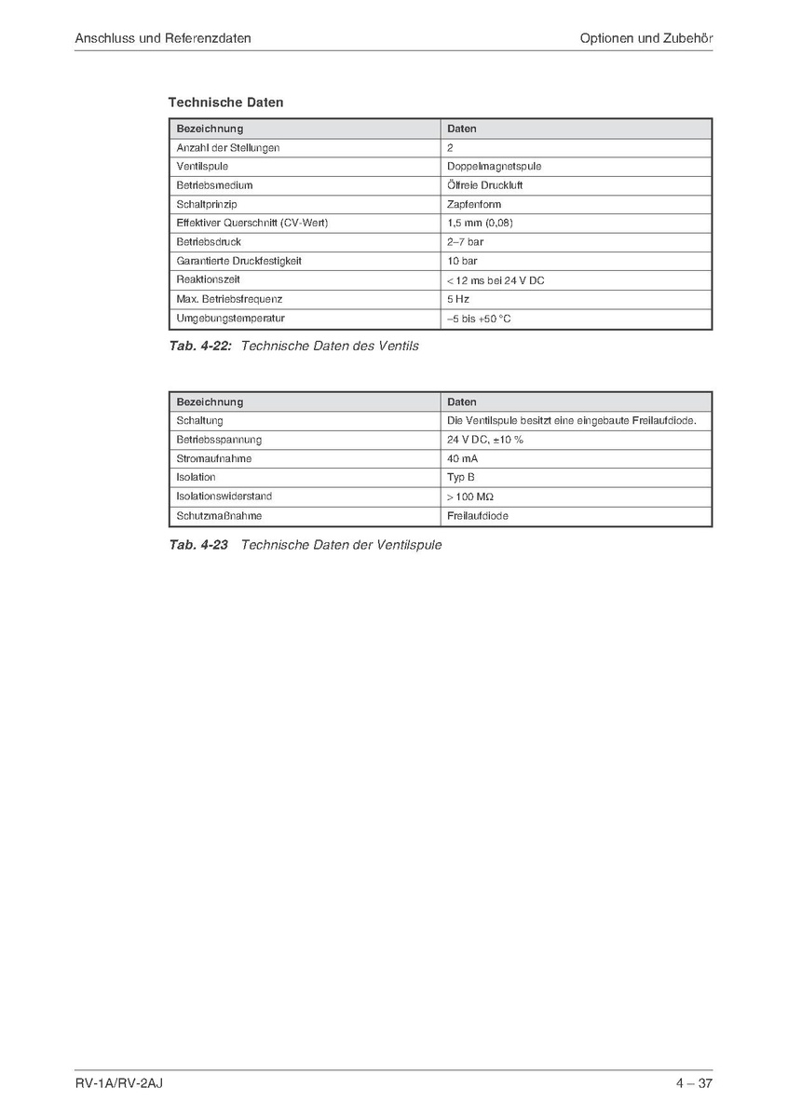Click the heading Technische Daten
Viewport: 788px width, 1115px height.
[225, 102]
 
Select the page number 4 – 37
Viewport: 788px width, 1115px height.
[694, 1082]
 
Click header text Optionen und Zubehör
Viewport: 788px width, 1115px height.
[645, 38]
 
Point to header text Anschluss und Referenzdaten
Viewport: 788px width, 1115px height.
[163, 38]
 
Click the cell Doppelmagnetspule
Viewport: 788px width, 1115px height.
[494, 167]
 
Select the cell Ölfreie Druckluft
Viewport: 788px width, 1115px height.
[484, 185]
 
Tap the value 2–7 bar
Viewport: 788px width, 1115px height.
[465, 242]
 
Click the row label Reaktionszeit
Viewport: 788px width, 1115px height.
[209, 279]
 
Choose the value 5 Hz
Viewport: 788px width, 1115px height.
[457, 299]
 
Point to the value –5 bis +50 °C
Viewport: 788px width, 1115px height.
[479, 319]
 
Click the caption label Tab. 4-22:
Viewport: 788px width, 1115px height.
[199, 347]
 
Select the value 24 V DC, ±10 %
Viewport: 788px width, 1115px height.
[484, 440]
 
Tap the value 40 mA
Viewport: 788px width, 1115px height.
[463, 458]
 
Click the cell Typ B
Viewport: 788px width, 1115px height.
[461, 477]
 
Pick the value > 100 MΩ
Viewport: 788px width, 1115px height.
[470, 496]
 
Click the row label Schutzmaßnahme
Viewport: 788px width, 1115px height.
[219, 515]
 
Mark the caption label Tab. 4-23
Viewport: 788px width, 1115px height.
[198, 545]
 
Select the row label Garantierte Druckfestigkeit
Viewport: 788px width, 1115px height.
[238, 261]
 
